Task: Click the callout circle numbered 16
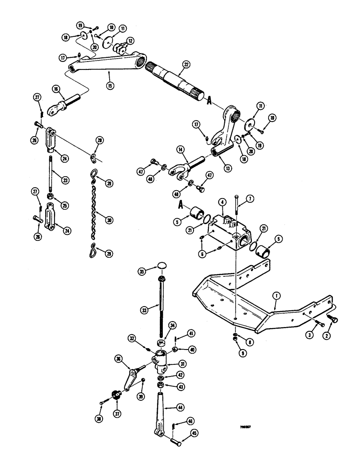click(56, 89)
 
